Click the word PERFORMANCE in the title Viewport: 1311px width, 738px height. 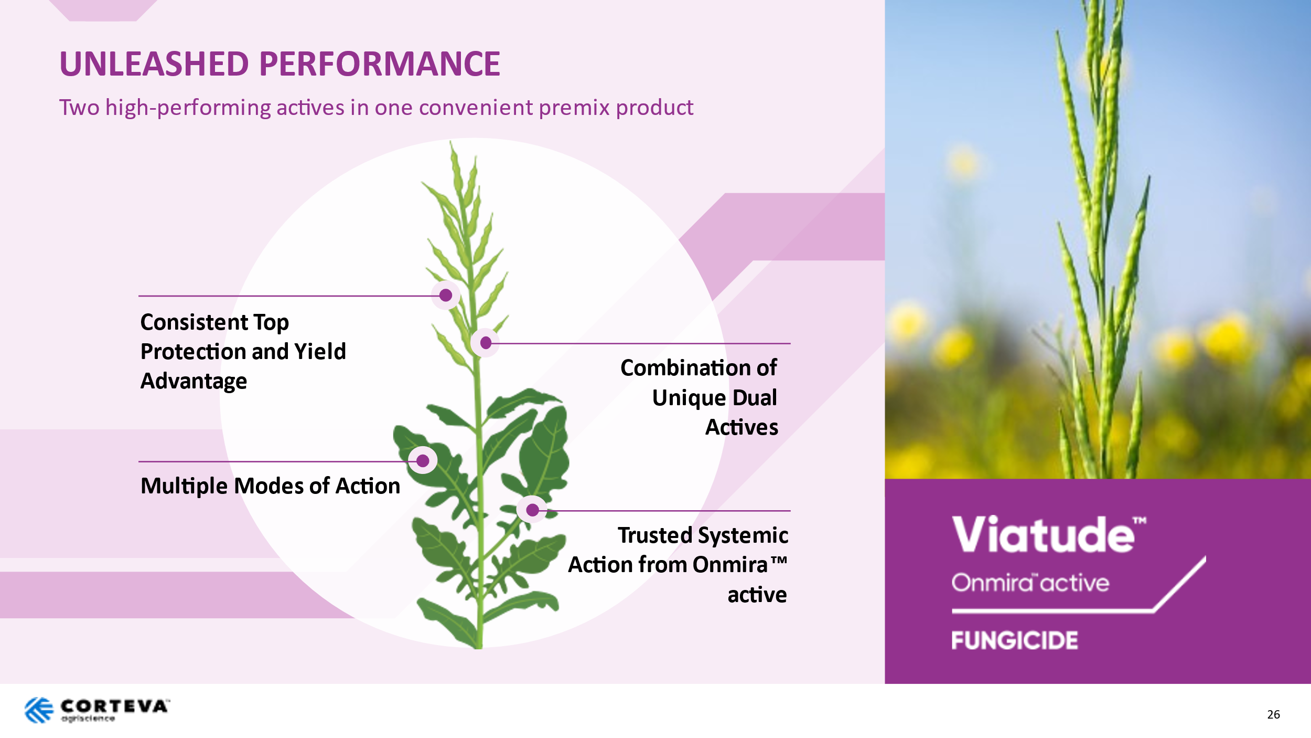pyautogui.click(x=380, y=64)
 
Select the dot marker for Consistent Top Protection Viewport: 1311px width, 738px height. pyautogui.click(x=446, y=295)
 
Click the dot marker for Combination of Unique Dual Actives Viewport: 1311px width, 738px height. pyautogui.click(x=486, y=343)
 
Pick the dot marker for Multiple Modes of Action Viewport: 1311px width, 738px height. pyautogui.click(x=423, y=460)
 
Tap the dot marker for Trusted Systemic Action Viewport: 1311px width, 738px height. pyautogui.click(x=532, y=509)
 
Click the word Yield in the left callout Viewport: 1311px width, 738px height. pyautogui.click(x=320, y=351)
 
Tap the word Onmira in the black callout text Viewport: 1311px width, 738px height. pyautogui.click(x=730, y=565)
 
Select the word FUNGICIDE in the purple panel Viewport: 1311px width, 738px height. pyautogui.click(x=1015, y=640)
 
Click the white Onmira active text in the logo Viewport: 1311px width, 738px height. pyautogui.click(x=1030, y=583)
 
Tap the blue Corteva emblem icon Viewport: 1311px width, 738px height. pyautogui.click(x=39, y=710)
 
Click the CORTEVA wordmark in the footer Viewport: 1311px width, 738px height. pyautogui.click(x=114, y=706)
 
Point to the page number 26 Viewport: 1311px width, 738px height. pyautogui.click(x=1274, y=714)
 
